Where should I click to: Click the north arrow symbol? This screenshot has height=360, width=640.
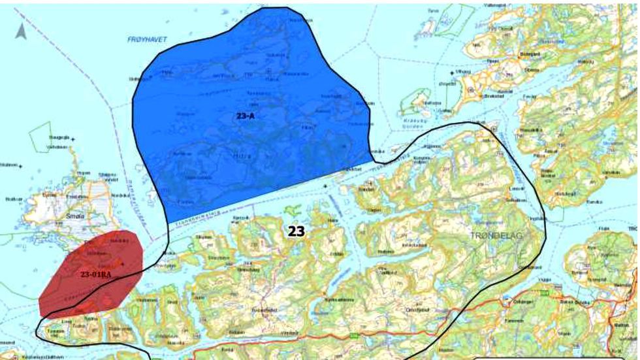coord(21,30)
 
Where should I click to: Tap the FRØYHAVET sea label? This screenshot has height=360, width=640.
coord(147,40)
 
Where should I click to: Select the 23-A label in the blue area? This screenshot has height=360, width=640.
coord(247,116)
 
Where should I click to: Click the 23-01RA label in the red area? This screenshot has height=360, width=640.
coord(95,274)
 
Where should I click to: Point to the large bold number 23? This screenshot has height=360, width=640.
coord(296,231)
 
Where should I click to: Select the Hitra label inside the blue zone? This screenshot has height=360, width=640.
coord(241,156)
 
